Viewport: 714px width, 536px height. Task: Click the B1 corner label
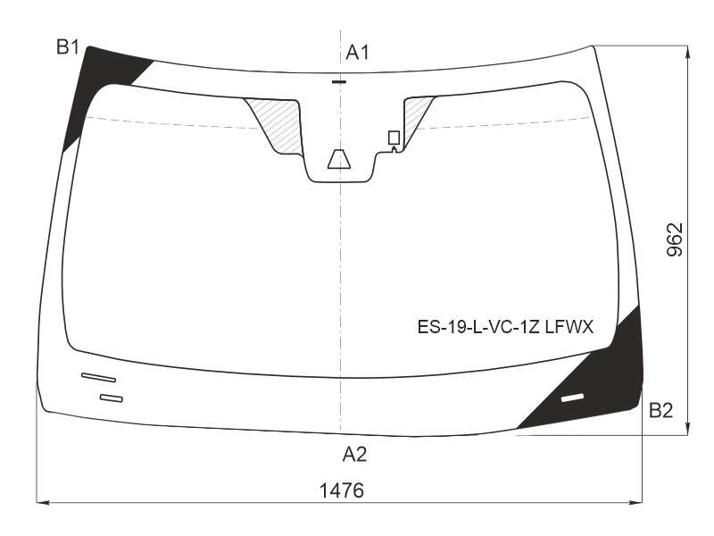click(x=68, y=47)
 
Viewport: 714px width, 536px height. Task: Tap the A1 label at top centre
click(x=358, y=53)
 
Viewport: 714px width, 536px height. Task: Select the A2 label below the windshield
click(x=354, y=455)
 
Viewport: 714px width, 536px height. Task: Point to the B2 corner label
click(x=660, y=411)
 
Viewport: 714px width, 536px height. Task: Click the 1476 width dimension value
click(x=342, y=490)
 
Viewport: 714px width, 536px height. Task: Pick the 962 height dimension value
click(x=675, y=239)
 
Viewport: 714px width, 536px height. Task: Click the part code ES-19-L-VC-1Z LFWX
click(x=505, y=327)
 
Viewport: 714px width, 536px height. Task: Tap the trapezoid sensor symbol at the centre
click(x=339, y=159)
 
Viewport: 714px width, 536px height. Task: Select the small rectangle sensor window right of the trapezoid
click(x=394, y=138)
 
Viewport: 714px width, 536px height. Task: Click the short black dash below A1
click(x=339, y=82)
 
